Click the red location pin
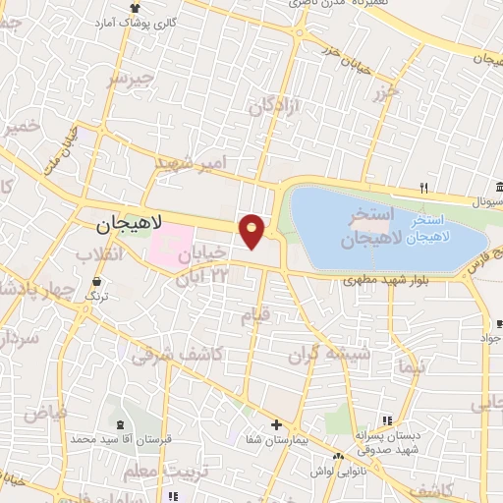pos(252,231)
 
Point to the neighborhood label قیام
pos(254,315)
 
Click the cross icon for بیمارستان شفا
pos(276,425)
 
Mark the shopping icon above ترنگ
pos(96,281)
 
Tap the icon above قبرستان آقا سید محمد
pos(121,424)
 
